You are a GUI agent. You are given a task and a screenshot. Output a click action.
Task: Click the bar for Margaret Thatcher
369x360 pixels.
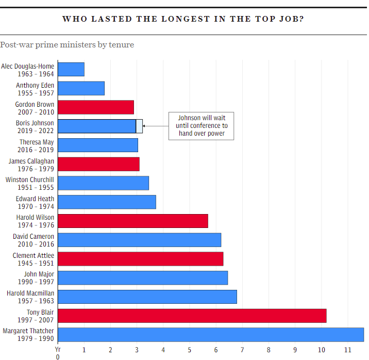click(x=210, y=335)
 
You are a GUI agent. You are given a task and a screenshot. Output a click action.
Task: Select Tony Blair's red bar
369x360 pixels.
click(x=192, y=316)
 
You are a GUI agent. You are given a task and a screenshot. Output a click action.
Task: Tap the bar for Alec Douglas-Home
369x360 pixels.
click(x=71, y=70)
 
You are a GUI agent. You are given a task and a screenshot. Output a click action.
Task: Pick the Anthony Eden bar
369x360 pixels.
click(x=81, y=88)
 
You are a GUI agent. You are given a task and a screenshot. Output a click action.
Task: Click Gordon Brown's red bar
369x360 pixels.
click(x=96, y=107)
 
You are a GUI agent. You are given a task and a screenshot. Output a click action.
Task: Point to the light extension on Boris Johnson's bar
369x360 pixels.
click(x=139, y=126)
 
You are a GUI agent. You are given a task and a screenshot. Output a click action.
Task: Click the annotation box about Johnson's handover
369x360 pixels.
click(x=202, y=126)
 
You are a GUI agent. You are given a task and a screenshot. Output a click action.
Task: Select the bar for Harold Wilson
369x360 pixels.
click(x=133, y=221)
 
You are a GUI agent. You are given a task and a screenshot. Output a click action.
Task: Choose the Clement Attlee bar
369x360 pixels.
click(x=140, y=259)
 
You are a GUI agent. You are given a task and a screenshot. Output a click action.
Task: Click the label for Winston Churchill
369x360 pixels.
click(x=29, y=179)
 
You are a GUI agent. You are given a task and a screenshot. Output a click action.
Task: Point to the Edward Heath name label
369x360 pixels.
click(x=35, y=199)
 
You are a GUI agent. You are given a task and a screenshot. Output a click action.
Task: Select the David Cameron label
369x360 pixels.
click(x=33, y=236)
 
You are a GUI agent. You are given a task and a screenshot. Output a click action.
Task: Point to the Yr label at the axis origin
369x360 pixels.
click(x=58, y=349)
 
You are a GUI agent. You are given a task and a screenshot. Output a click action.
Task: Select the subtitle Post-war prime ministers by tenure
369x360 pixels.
click(x=67, y=45)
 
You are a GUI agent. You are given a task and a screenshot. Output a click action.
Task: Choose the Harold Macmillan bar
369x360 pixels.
click(x=147, y=297)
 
